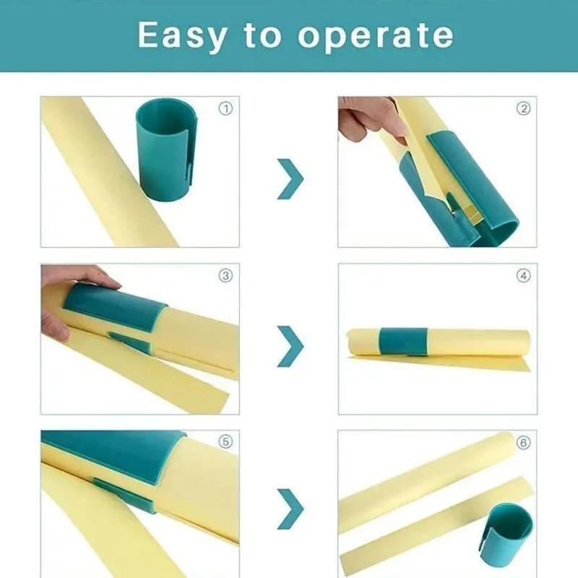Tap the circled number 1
tap(226, 109)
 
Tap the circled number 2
tap(523, 109)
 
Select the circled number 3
tap(226, 275)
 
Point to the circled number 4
tap(523, 275)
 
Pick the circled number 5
tap(226, 442)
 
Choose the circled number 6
tap(523, 442)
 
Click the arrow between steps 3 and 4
tap(290, 345)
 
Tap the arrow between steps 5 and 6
tap(290, 509)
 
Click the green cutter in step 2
tap(470, 181)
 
